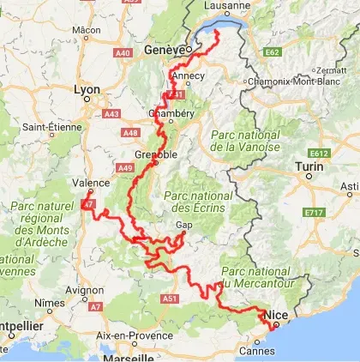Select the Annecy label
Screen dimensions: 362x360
pyautogui.click(x=189, y=75)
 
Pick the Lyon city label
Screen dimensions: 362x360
pyautogui.click(x=87, y=88)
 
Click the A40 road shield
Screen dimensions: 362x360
pyautogui.click(x=123, y=52)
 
